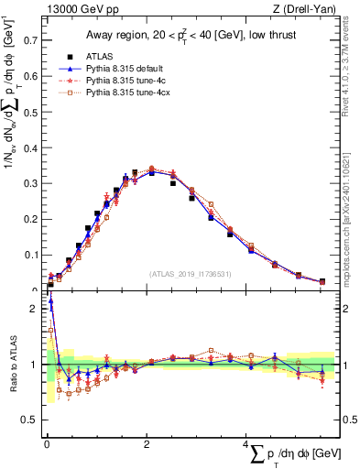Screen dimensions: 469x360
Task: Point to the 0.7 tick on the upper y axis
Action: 29,40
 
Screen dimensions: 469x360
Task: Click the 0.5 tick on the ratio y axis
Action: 29,420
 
